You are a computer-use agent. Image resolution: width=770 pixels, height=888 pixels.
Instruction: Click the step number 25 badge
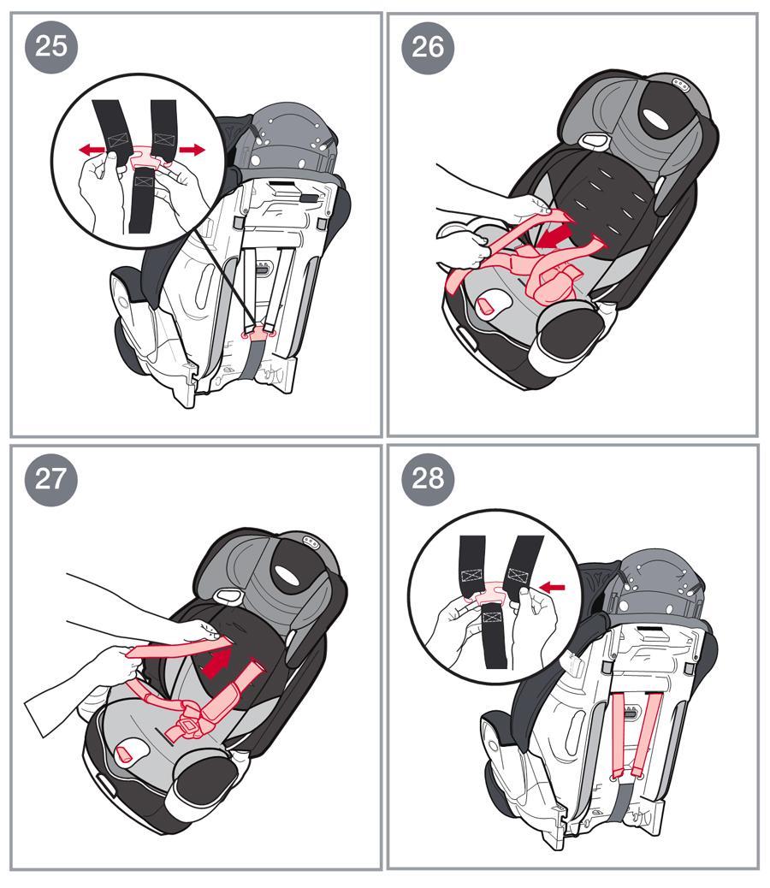click(51, 46)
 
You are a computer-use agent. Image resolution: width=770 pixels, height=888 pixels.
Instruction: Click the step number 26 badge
click(428, 48)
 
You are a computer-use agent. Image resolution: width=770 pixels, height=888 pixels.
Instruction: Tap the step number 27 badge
click(51, 479)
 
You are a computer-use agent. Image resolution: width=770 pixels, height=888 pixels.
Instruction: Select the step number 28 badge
click(428, 479)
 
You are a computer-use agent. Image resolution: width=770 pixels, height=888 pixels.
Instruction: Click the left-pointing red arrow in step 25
click(92, 150)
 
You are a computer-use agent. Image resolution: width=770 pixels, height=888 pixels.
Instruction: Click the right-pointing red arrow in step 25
click(192, 150)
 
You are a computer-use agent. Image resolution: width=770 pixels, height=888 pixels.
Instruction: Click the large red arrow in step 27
click(217, 661)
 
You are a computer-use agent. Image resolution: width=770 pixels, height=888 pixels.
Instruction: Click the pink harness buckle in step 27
click(190, 725)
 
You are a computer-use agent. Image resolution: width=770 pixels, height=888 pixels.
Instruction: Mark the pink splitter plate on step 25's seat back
click(258, 332)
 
